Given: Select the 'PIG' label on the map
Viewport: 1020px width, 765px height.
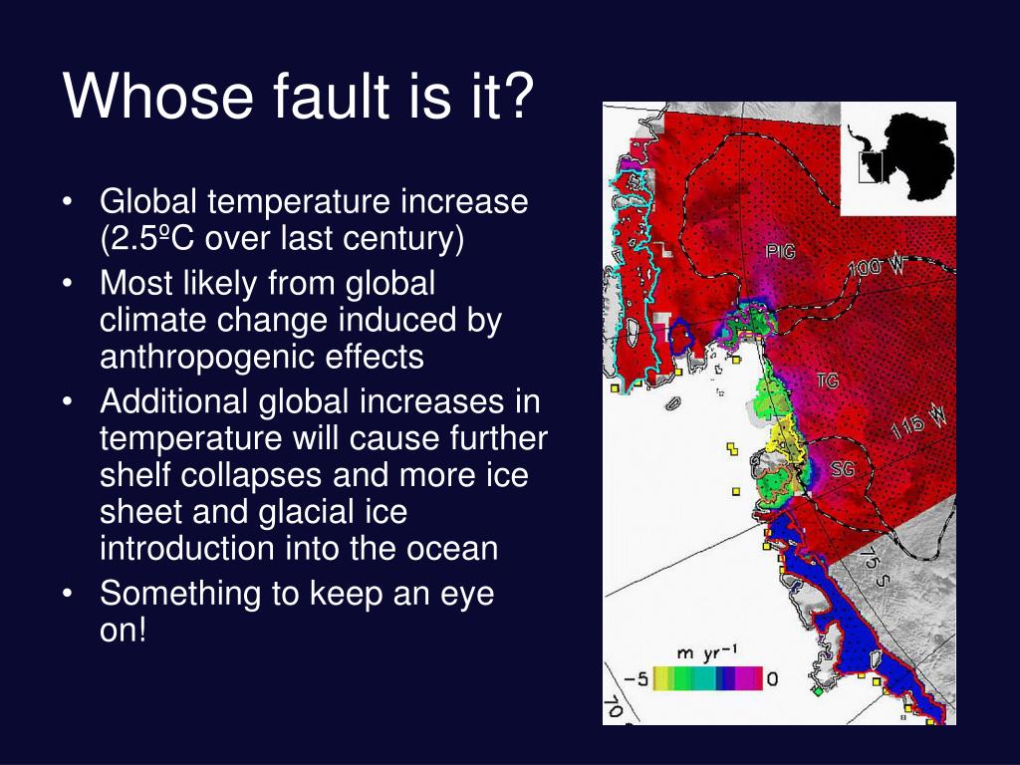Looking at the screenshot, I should point(780,252).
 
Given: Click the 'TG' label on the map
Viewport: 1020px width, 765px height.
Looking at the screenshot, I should point(828,381).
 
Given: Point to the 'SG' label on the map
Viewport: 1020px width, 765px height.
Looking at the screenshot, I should point(842,469).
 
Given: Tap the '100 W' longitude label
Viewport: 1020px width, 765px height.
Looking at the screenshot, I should point(878,266).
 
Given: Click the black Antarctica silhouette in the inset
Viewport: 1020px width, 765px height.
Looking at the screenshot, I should point(906,154).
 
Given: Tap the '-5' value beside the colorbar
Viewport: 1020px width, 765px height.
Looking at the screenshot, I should point(636,680).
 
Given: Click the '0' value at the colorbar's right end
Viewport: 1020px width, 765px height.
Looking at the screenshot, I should point(772,680).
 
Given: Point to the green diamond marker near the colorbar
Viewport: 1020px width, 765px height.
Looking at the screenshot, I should point(817,690).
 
